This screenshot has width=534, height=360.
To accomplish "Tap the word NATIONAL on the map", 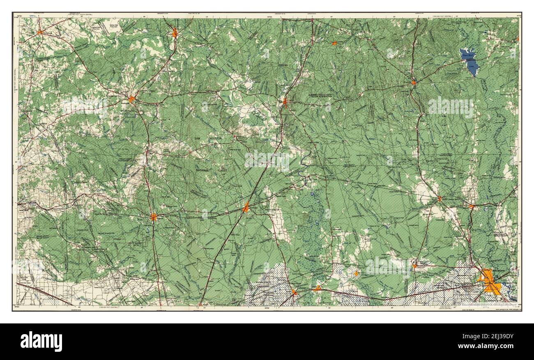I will tap(203, 170).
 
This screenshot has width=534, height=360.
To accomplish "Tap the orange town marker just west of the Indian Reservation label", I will tap(285, 101).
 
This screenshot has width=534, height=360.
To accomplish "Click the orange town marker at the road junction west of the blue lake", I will tap(414, 83).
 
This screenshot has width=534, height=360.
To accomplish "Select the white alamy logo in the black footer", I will tap(41, 341).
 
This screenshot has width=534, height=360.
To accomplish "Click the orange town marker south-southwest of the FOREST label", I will tap(246, 208).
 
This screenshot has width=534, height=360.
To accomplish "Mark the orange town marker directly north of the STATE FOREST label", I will tap(153, 217).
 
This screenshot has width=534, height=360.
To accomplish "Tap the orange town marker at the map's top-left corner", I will tap(40, 32).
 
